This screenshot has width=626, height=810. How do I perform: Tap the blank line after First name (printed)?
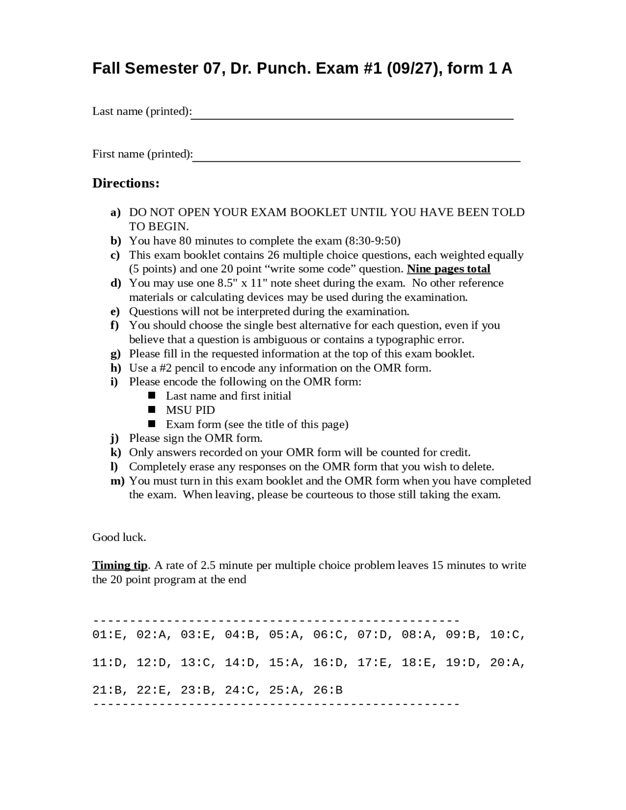pyautogui.click(x=356, y=159)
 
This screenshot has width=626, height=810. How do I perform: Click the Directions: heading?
pyautogui.click(x=126, y=183)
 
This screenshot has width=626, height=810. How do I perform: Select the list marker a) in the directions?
pyautogui.click(x=115, y=212)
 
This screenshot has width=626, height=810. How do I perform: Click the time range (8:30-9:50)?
pyautogui.click(x=373, y=241)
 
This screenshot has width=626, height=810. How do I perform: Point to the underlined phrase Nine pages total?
pyautogui.click(x=448, y=269)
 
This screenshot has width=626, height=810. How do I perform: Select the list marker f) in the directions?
pyautogui.click(x=114, y=325)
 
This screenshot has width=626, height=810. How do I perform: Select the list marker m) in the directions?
pyautogui.click(x=117, y=481)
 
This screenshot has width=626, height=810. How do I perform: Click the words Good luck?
pyautogui.click(x=119, y=538)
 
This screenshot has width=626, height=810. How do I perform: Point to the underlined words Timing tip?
pyautogui.click(x=120, y=565)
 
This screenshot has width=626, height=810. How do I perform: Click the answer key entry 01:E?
pyautogui.click(x=108, y=635)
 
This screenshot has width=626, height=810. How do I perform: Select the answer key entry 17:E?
pyautogui.click(x=373, y=663)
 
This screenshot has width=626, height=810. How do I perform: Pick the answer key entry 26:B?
pyautogui.click(x=328, y=691)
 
